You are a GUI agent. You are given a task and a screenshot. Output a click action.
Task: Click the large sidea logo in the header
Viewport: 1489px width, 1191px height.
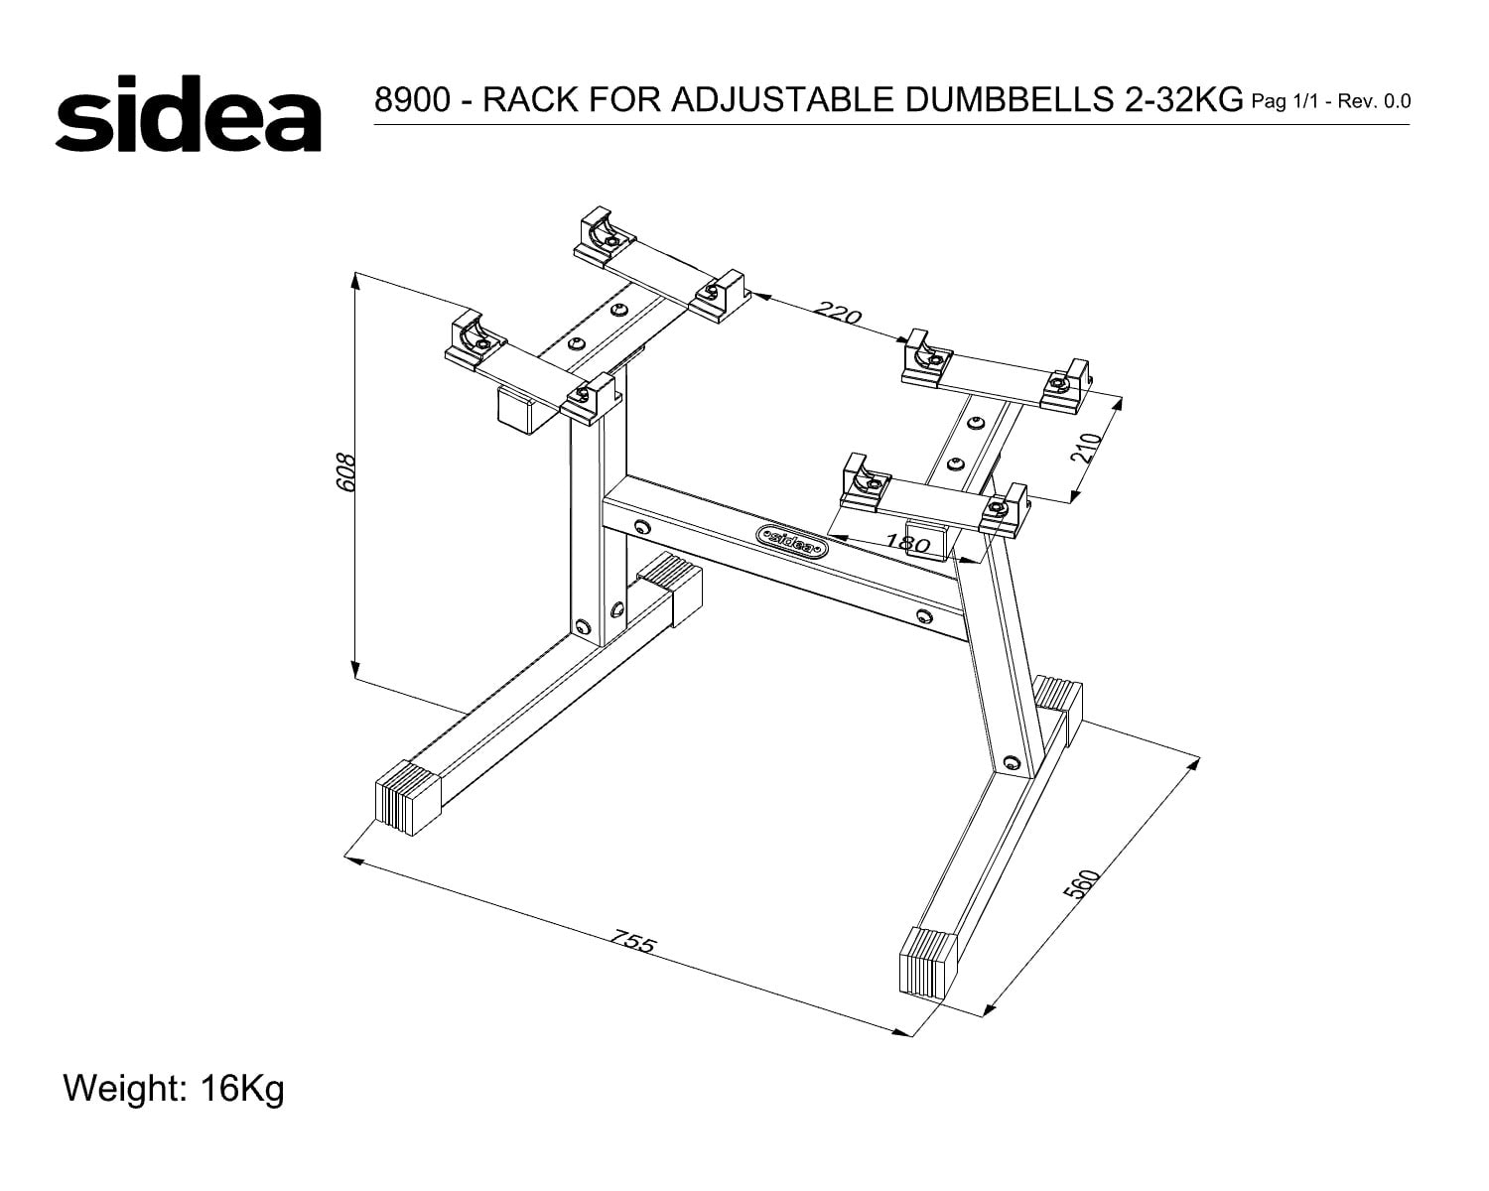189,113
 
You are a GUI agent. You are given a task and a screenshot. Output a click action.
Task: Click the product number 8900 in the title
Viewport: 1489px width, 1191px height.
412,99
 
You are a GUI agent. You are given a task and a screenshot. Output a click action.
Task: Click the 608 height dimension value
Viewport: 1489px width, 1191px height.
346,472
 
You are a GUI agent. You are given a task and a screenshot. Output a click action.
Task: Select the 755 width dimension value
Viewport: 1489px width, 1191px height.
632,942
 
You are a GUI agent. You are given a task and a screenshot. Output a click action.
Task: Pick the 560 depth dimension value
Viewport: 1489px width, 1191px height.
1081,883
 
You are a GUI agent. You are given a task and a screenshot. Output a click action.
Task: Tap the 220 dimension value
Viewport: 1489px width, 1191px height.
837,312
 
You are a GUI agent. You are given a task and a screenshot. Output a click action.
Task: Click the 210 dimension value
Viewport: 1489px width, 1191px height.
1086,447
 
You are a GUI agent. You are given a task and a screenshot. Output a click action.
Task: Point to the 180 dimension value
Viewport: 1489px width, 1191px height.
907,542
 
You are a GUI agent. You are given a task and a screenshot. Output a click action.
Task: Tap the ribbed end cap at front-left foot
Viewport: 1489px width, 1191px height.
408,797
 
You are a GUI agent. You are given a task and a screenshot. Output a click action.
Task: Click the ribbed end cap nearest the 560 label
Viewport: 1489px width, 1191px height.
928,962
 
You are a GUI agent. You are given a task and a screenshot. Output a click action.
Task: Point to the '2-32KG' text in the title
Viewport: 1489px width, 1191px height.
1179,99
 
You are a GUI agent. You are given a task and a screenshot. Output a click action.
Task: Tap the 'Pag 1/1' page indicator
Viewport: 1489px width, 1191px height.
1286,102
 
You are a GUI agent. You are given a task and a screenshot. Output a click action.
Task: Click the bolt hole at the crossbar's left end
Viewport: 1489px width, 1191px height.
641,527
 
